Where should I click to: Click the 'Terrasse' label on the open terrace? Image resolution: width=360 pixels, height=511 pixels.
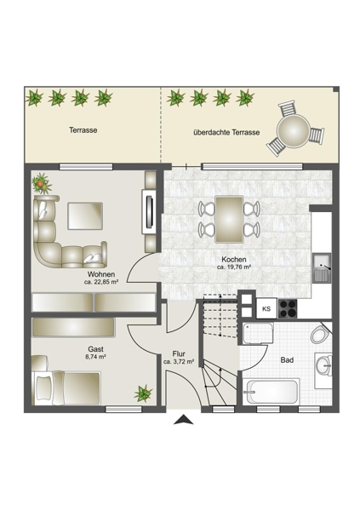[83, 130]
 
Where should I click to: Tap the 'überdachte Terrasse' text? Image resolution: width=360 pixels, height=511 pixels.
[226, 133]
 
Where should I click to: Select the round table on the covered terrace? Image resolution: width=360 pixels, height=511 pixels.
[294, 132]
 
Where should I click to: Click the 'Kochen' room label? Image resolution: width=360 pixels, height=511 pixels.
[233, 260]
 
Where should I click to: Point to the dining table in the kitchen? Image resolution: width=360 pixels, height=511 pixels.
[229, 220]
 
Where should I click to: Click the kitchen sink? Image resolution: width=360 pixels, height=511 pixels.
[322, 267]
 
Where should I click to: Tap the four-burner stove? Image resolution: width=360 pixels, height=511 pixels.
[288, 308]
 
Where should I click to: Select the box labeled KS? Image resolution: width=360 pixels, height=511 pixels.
[266, 308]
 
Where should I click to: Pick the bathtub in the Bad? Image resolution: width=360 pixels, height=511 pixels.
[271, 392]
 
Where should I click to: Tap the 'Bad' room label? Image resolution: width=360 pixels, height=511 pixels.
[287, 360]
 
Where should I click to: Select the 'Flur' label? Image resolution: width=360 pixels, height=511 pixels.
[179, 354]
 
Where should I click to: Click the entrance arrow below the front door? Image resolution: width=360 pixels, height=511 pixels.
[184, 420]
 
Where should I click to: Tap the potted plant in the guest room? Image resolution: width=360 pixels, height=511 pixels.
[143, 393]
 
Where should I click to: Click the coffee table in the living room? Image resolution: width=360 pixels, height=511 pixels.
[85, 215]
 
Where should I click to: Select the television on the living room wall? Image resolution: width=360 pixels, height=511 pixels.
[150, 211]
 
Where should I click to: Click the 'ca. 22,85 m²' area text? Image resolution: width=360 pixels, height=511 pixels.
[101, 282]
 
